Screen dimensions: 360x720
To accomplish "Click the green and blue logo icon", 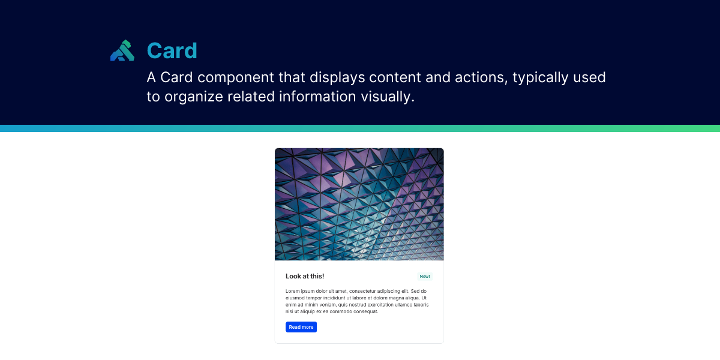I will tap(122, 51).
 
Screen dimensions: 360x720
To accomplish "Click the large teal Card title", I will tap(172, 51).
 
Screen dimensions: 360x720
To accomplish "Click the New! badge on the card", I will tap(425, 277).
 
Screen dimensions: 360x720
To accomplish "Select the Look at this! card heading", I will tap(305, 276).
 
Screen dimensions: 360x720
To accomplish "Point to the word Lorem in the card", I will tap(293, 291).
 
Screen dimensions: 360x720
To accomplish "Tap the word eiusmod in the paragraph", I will tap(296, 298).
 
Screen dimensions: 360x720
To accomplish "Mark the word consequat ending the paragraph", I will tap(362, 311).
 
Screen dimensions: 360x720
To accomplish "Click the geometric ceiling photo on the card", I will tap(359, 204).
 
